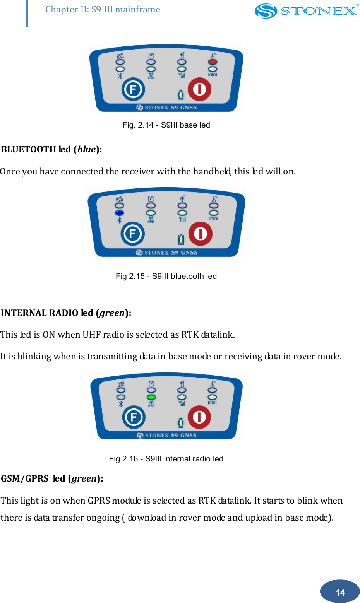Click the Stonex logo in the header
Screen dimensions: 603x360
[306, 11]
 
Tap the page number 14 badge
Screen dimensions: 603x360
[340, 592]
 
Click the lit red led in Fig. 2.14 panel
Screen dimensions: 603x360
[213, 62]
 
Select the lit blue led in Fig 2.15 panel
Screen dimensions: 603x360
[120, 213]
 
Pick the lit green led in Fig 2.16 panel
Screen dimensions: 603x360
[151, 397]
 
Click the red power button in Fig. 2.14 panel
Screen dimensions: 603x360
[199, 89]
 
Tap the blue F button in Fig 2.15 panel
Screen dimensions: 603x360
[133, 234]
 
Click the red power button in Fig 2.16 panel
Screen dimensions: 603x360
[199, 417]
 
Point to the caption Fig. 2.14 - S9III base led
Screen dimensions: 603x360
[166, 125]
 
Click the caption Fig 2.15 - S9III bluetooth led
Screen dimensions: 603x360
[166, 276]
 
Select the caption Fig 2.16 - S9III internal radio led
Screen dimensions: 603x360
[166, 459]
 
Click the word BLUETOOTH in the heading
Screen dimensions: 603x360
[29, 150]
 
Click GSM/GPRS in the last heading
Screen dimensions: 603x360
[25, 478]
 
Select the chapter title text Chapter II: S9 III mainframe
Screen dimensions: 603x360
[103, 9]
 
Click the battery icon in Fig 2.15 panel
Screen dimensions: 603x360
[181, 240]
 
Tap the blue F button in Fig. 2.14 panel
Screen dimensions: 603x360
[133, 89]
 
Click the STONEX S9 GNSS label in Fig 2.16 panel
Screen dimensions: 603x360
[167, 435]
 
